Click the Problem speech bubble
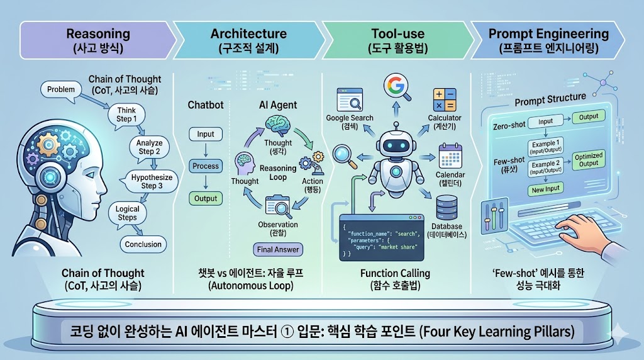(60, 90)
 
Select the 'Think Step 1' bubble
(126, 115)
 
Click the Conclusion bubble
(143, 244)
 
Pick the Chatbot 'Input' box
(206, 134)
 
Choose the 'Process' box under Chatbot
(206, 166)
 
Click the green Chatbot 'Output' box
(206, 198)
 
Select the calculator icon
(444, 101)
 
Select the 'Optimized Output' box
(589, 160)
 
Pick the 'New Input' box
(545, 189)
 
